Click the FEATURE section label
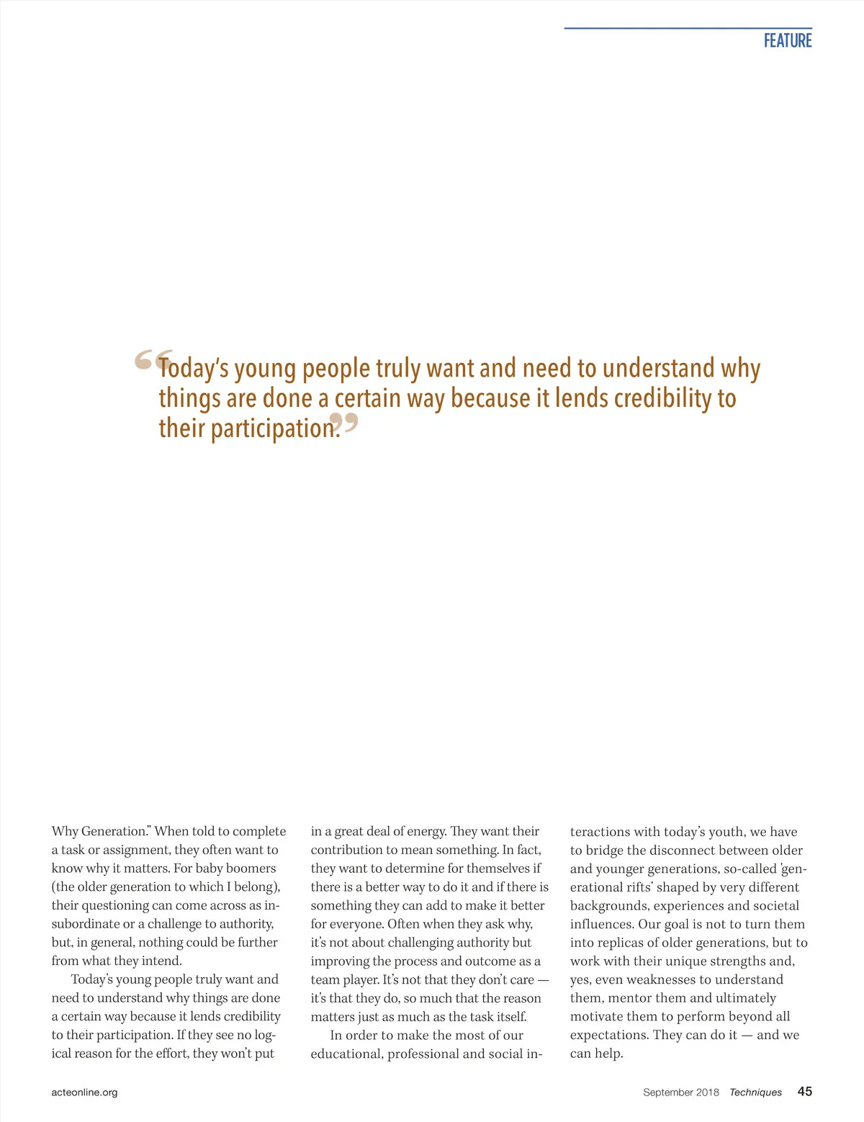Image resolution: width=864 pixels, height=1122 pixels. (x=788, y=41)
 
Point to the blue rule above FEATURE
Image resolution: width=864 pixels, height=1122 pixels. (x=688, y=28)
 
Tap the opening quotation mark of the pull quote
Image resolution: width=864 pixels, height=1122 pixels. (x=145, y=360)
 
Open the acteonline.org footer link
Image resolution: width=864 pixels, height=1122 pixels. (x=84, y=1092)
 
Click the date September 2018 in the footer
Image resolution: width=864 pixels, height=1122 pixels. (x=680, y=1092)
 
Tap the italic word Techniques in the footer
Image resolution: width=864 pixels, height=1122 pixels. (x=755, y=1092)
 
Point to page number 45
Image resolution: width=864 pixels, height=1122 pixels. (x=804, y=1092)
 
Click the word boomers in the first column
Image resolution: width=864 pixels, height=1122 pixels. (x=251, y=869)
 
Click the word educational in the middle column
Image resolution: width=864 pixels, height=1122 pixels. (x=346, y=1054)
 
